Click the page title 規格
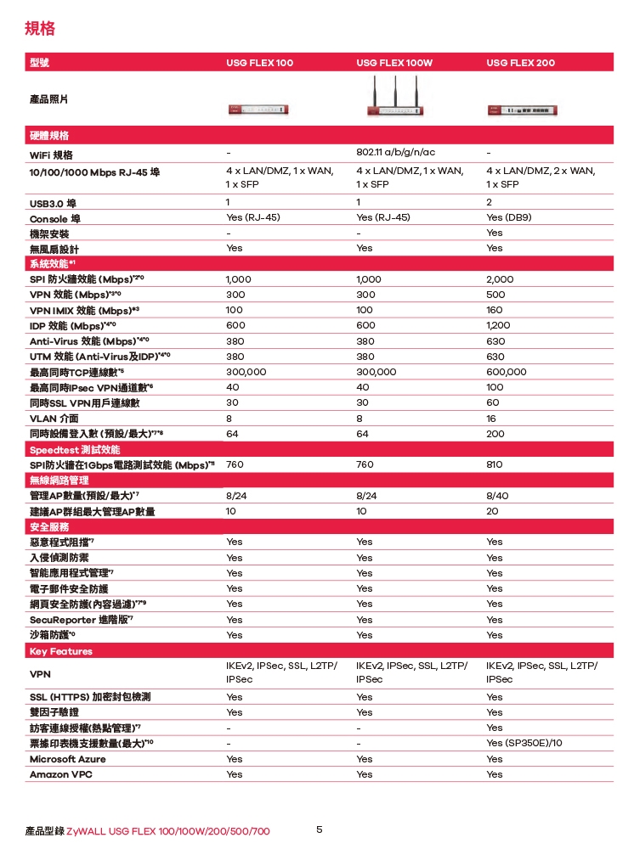(x=40, y=30)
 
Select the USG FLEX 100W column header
(x=394, y=64)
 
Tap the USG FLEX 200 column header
(x=520, y=64)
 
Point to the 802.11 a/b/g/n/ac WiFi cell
(x=396, y=153)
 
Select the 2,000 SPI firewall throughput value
(x=500, y=279)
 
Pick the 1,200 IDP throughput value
(x=500, y=325)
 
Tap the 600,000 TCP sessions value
(x=507, y=372)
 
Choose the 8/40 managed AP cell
(x=497, y=497)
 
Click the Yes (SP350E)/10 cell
(x=524, y=743)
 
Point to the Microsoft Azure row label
(x=68, y=759)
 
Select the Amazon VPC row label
(x=61, y=774)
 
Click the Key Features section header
(x=60, y=651)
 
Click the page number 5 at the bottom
(x=320, y=829)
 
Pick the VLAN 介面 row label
(x=54, y=419)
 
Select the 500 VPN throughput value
(x=495, y=295)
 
